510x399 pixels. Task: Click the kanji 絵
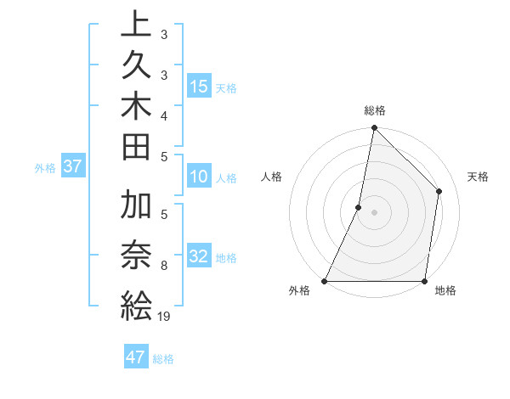coord(136,305)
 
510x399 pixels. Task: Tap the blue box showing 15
coord(199,86)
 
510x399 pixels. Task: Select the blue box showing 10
coord(199,177)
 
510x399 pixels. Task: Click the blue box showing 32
coord(199,256)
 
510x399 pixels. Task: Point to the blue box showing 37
coord(72,166)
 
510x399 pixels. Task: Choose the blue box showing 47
coord(136,357)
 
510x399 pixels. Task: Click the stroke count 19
coord(163,317)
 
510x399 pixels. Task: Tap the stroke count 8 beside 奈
coord(163,266)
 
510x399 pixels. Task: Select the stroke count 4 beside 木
coord(163,115)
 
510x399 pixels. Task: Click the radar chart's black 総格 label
coord(374,110)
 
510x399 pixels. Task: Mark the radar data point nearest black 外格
coord(325,281)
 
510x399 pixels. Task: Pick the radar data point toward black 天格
coord(439,191)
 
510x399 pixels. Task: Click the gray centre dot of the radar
coord(374,212)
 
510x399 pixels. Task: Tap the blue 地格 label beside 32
coord(226,258)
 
